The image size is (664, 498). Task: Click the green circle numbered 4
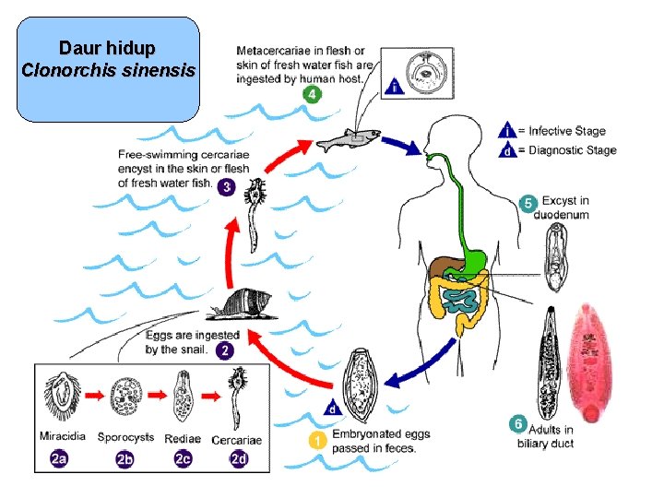312,94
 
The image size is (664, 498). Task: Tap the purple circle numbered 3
227,187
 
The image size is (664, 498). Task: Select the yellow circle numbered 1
317,441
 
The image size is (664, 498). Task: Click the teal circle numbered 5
528,203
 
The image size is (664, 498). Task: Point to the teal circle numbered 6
518,424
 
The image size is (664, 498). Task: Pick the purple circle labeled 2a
59,459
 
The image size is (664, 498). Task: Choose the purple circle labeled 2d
239,459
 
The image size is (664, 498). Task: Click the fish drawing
349,139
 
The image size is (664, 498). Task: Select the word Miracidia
63,435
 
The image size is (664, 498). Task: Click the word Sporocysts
125,437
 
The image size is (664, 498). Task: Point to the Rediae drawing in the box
184,396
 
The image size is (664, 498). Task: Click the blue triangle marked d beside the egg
333,409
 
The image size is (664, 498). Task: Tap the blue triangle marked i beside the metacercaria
395,86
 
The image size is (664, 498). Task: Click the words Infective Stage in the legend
567,131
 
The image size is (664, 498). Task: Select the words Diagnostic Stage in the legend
573,150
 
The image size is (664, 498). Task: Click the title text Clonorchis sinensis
109,70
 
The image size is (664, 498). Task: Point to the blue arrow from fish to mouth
400,146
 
